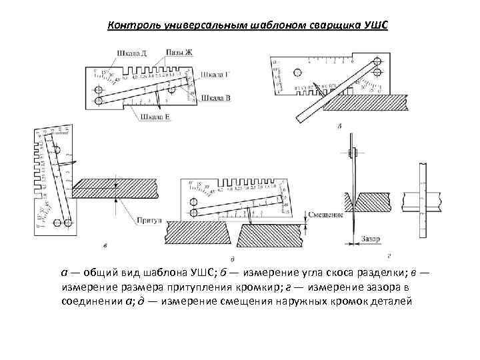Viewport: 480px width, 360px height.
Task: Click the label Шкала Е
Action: (155, 115)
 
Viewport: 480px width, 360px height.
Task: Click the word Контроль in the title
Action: (132, 25)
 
